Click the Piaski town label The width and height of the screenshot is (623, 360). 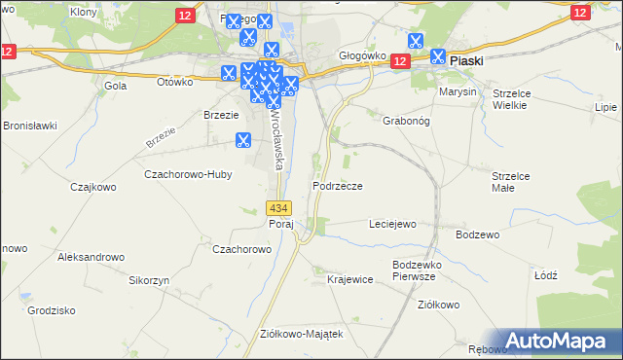click(466, 60)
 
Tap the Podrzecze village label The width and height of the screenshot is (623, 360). click(338, 186)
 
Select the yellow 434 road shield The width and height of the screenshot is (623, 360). click(278, 208)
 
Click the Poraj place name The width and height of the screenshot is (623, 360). click(280, 224)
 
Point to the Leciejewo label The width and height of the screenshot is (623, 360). click(392, 224)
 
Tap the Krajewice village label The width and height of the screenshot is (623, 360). click(350, 279)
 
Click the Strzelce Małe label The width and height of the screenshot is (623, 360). click(509, 182)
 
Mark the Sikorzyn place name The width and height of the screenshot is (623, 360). click(150, 279)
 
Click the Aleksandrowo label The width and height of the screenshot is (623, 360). click(92, 257)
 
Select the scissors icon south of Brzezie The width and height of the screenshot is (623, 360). click(242, 140)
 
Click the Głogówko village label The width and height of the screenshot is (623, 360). click(362, 56)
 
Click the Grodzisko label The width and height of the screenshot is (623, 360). click(53, 311)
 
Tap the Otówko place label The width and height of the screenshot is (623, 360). click(175, 82)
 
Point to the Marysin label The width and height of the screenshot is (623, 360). click(458, 91)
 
